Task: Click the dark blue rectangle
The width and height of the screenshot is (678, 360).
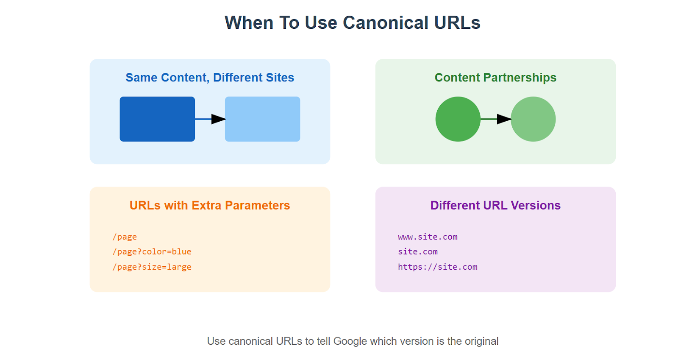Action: click(157, 119)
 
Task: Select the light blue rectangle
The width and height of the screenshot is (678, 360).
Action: click(262, 119)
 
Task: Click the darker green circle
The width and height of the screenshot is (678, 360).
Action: click(458, 119)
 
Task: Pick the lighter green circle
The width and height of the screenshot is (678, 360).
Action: click(533, 119)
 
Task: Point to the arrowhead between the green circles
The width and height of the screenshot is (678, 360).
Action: click(504, 119)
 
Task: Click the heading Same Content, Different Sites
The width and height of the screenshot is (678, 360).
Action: click(210, 78)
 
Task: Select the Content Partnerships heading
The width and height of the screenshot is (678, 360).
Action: click(495, 78)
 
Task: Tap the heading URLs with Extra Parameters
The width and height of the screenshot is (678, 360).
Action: click(210, 205)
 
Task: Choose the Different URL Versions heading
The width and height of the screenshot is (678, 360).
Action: click(495, 205)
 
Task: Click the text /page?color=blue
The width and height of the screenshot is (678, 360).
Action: click(152, 251)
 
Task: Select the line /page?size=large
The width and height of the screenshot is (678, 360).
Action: click(152, 267)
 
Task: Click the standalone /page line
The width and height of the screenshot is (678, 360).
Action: click(125, 237)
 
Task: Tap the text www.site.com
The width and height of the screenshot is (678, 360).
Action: click(428, 237)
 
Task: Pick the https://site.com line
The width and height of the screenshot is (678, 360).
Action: click(438, 267)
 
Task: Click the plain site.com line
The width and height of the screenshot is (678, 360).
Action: click(418, 251)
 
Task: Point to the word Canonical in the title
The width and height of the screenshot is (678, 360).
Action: click(386, 23)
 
